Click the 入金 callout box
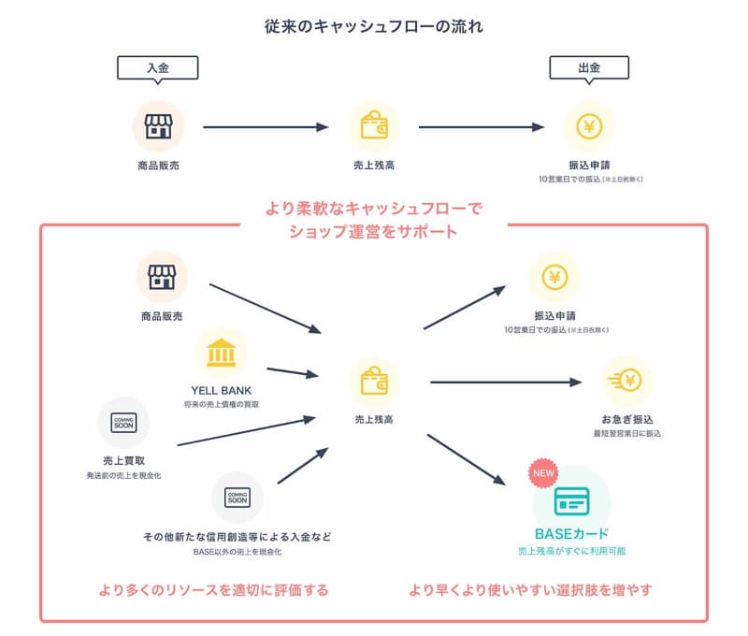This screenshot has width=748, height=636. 158,67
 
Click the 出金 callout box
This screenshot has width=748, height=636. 589,67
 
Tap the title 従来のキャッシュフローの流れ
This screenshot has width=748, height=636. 374,25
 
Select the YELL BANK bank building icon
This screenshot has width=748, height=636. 222,354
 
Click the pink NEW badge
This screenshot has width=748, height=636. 543,472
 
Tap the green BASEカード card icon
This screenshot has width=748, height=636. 571,502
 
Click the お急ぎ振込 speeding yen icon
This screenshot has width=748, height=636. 626,381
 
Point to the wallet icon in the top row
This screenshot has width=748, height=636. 374,126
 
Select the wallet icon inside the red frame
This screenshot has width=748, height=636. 374,381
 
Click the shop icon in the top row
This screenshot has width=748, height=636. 158,126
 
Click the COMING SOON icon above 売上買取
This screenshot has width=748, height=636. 123,422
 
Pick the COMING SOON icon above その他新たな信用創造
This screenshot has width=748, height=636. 237,497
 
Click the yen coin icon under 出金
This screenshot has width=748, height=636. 589,126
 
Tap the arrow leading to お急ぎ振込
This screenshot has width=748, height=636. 505,381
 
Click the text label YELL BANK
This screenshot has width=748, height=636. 222,389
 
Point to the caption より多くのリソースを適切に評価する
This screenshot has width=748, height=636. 213,590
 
